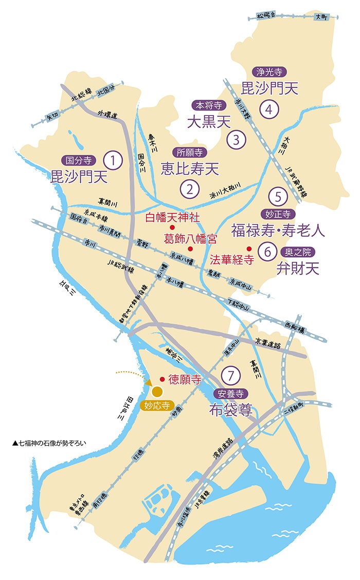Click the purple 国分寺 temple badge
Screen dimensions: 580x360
(76, 159)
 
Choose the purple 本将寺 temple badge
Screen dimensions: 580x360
(206, 105)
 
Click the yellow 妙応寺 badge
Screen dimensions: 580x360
(157, 405)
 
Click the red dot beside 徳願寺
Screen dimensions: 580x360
(163, 379)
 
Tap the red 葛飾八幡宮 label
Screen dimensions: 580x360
(190, 239)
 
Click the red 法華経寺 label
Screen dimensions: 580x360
(230, 261)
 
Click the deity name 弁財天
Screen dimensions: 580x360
(298, 268)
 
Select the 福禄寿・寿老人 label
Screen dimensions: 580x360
(278, 230)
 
